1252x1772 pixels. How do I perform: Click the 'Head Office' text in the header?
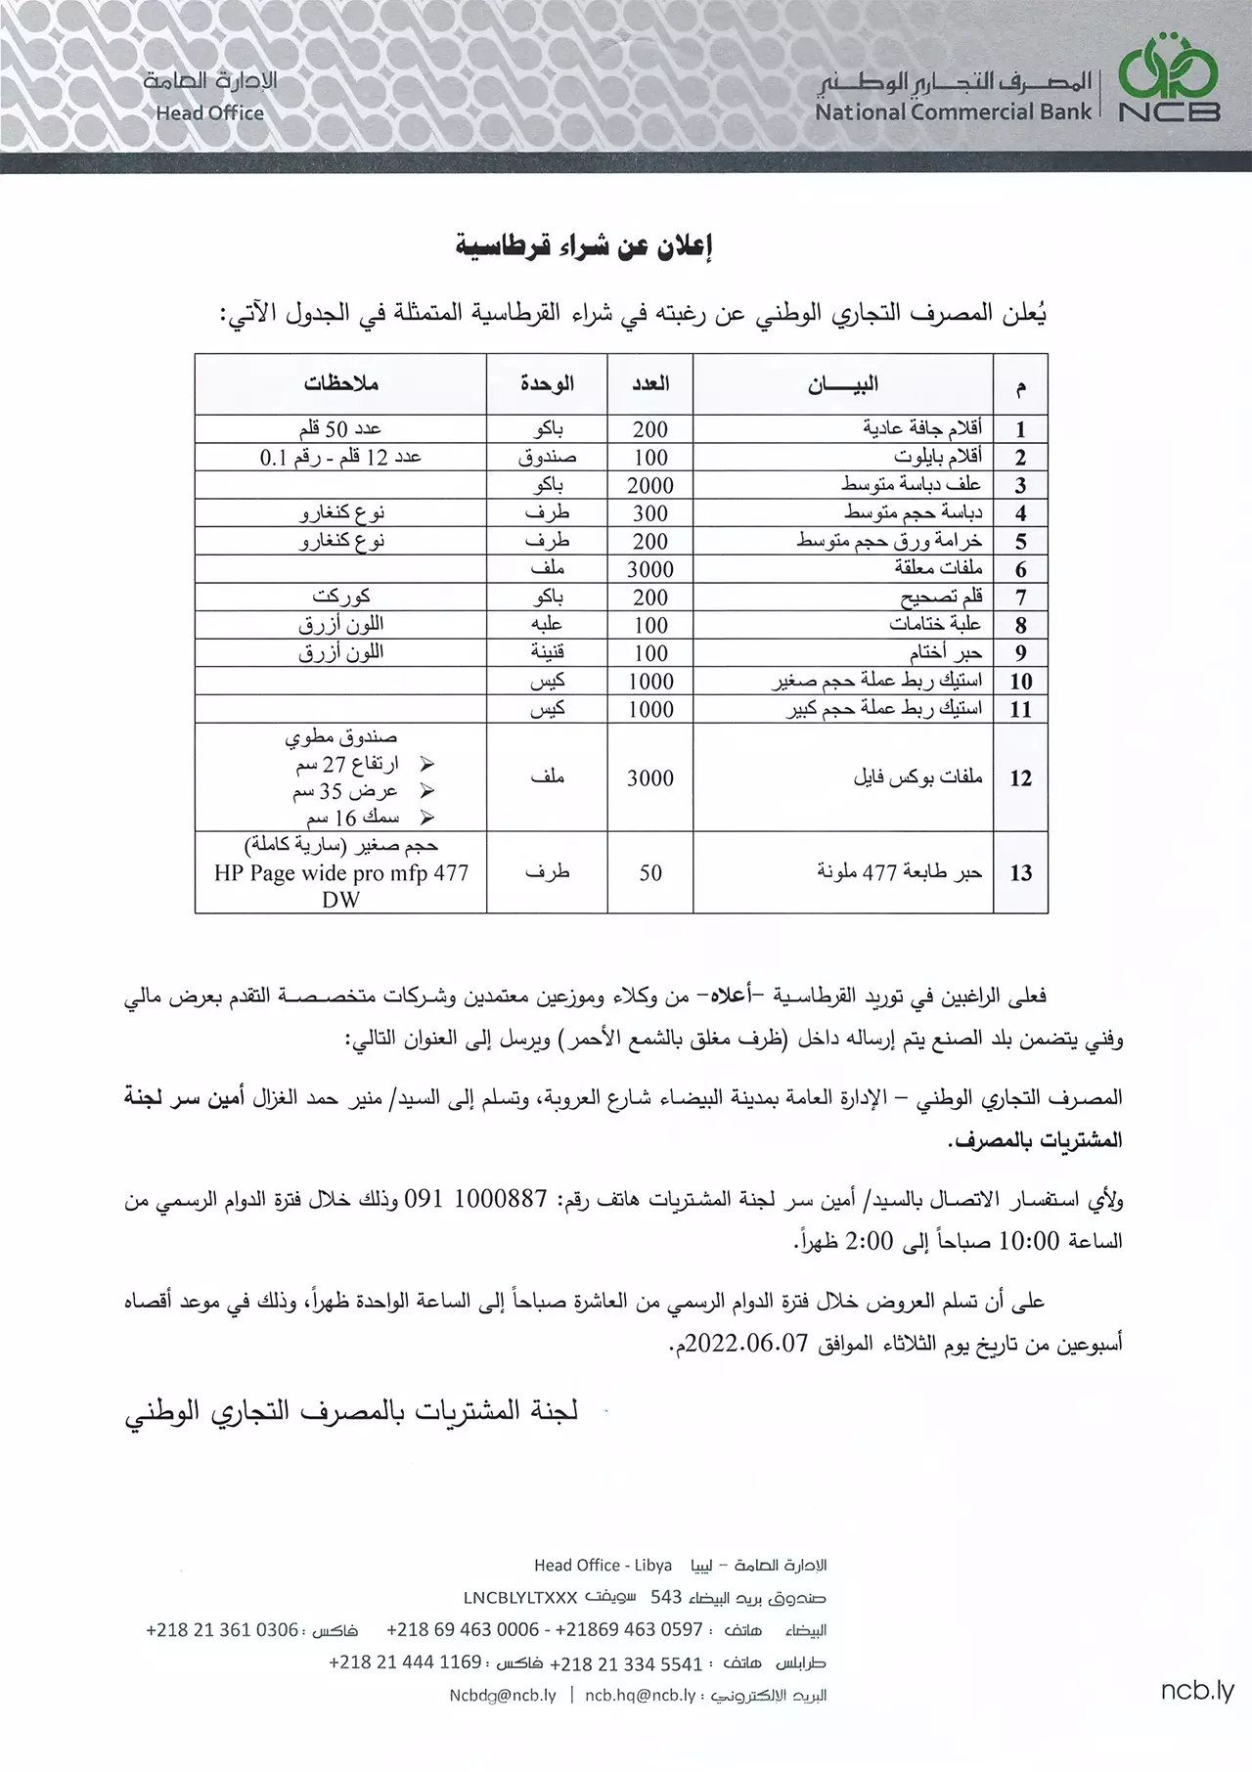[x=209, y=112]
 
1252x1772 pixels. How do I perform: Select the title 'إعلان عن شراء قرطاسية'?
[x=585, y=246]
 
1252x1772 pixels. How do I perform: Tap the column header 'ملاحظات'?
[x=340, y=383]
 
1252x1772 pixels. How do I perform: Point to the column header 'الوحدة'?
[x=547, y=383]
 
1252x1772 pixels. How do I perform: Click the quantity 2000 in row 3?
[x=650, y=485]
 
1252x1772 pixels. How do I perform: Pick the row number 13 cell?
[x=1020, y=872]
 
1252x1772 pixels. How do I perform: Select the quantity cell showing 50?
[x=650, y=872]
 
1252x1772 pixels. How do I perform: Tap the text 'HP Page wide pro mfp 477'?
[x=341, y=872]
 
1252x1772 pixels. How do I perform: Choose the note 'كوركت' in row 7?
[x=341, y=597]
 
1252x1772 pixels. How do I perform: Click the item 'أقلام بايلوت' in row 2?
[x=938, y=457]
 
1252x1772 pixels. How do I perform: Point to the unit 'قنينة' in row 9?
[x=547, y=652]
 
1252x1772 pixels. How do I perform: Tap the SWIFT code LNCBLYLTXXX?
[x=519, y=1598]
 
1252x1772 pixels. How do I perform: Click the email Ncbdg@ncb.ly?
[x=503, y=1695]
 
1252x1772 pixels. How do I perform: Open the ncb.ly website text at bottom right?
[x=1197, y=1690]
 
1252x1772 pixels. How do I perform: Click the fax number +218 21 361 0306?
[x=222, y=1630]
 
